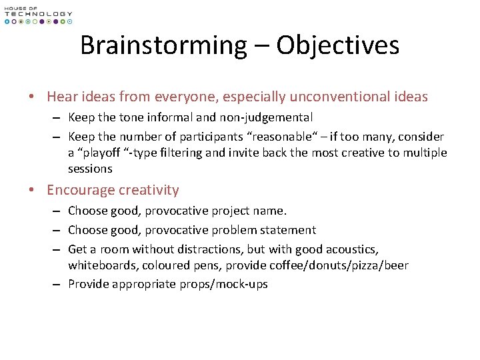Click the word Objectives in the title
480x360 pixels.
(338, 45)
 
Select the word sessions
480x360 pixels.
(90, 169)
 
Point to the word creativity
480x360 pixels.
(149, 190)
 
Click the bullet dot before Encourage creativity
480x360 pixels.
(33, 191)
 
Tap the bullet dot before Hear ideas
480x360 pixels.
(33, 97)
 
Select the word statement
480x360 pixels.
(290, 230)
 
